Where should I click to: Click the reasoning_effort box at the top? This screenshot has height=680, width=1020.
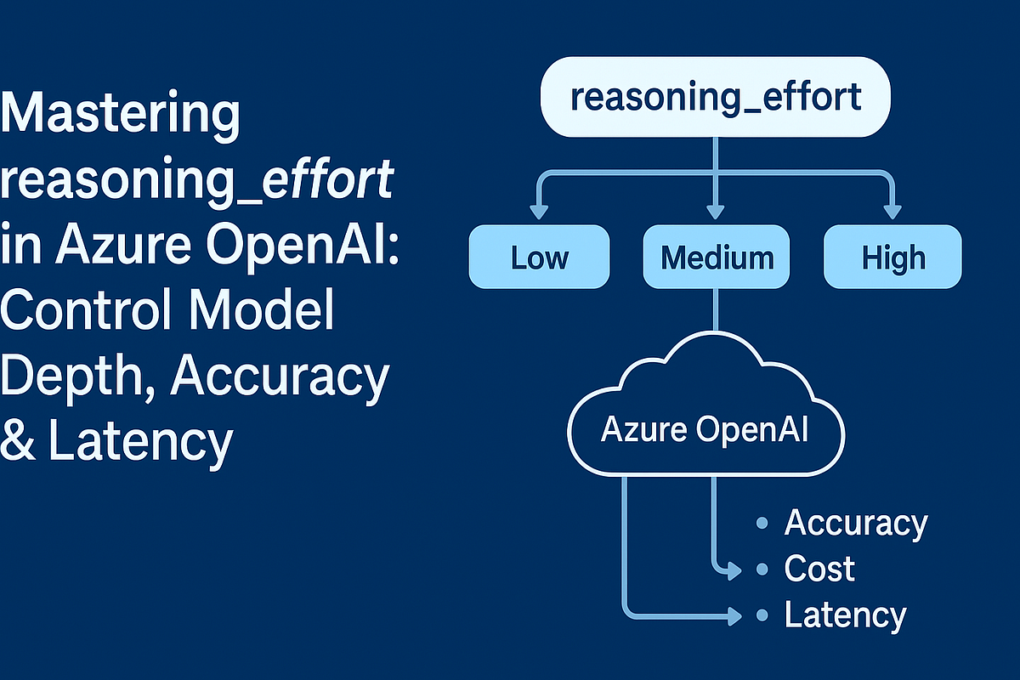715,97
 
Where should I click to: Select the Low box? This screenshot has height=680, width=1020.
539,257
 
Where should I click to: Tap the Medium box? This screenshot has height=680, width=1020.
717,257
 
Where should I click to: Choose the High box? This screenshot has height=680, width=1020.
892,257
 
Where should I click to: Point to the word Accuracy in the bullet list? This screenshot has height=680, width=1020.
855,523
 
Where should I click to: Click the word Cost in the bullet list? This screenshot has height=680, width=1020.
819,569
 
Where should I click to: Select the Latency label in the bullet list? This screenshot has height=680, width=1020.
845,615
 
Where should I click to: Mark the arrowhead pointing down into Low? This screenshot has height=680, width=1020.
538,212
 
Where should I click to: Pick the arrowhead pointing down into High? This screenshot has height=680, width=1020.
892,212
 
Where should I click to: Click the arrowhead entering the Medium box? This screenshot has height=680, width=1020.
716,212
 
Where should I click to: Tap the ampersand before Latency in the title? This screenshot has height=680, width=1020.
20,442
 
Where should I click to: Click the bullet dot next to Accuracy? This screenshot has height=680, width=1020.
762,524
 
